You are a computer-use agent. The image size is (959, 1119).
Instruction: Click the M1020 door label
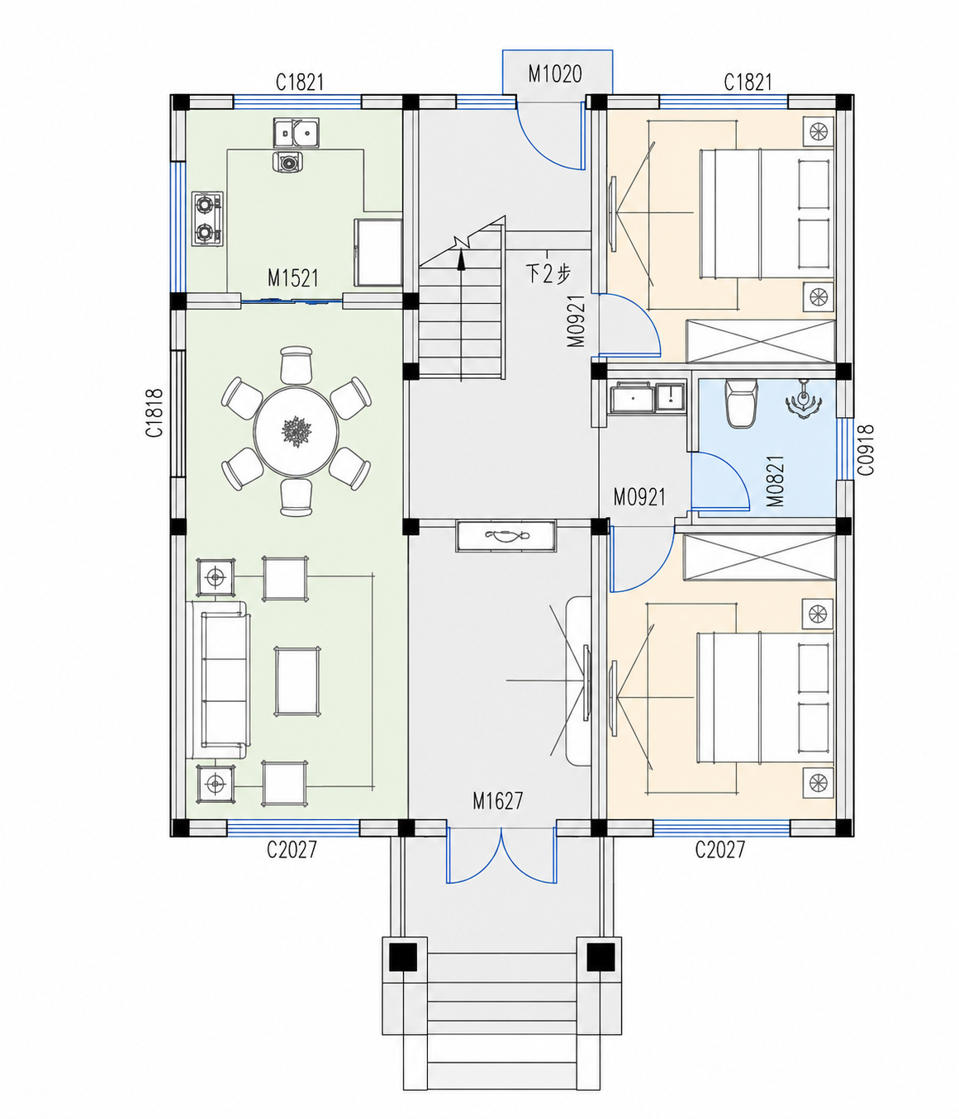pos(554,74)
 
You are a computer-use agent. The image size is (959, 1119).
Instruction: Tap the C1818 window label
pos(154,413)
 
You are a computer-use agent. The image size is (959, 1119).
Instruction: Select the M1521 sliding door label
pos(293,277)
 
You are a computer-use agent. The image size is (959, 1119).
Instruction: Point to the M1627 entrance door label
pos(497,801)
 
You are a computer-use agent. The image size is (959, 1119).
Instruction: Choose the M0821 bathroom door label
pos(776,481)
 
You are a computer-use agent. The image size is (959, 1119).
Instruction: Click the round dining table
pos(297,431)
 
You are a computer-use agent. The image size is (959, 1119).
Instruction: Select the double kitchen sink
pos(296,133)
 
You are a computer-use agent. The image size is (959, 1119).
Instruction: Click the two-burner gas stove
pos(207,219)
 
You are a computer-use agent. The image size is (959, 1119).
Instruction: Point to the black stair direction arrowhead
pos(461,259)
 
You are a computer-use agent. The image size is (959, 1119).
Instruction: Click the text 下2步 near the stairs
pos(548,274)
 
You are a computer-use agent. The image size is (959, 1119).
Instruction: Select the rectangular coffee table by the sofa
pos(297,681)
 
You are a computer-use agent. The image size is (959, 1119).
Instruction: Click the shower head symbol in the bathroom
pos(804,400)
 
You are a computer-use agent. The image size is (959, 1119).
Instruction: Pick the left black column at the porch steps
pos(403,956)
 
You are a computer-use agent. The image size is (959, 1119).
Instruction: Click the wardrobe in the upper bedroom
pos(760,341)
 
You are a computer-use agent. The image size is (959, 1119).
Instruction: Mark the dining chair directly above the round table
pos(297,365)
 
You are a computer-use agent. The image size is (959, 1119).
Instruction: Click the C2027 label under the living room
pos(292,850)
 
